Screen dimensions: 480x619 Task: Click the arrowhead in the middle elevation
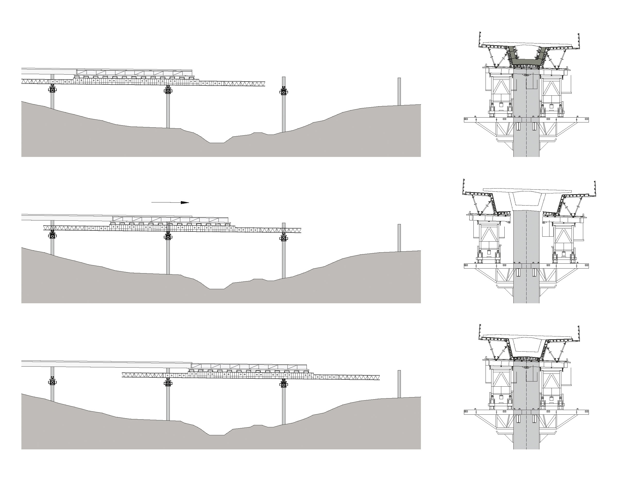click(185, 202)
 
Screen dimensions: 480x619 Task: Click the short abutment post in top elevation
click(399, 91)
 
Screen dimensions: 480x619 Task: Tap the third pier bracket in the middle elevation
click(283, 238)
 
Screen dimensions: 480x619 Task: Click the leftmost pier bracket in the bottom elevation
click(53, 381)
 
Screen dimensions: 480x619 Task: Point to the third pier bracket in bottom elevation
click(283, 384)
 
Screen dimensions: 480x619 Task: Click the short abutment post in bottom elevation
click(399, 384)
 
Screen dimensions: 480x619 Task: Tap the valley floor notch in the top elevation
click(217, 142)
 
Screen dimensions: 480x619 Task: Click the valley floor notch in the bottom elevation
click(217, 435)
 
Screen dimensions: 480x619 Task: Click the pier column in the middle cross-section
click(526, 255)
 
